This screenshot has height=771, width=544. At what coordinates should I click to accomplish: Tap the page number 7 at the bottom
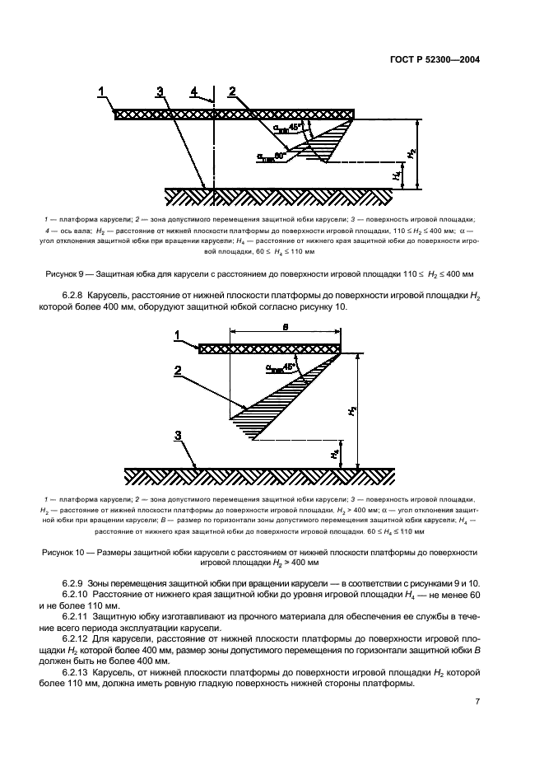[x=478, y=724]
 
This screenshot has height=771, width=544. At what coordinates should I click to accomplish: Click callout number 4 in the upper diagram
[x=193, y=92]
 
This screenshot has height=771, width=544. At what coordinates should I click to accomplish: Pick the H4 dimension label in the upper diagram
[x=397, y=175]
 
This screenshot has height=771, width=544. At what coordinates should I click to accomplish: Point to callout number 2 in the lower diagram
[x=177, y=371]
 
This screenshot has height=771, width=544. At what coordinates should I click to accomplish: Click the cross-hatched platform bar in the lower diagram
[x=270, y=349]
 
